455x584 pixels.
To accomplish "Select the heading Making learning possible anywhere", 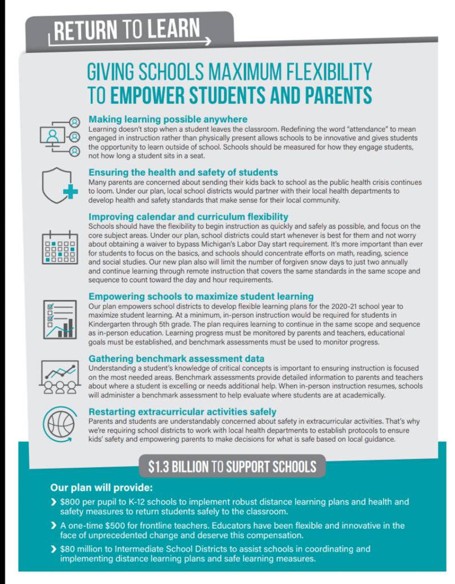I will point(168,120).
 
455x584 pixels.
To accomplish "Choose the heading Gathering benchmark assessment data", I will point(176,359).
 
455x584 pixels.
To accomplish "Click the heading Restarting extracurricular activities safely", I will point(182,411).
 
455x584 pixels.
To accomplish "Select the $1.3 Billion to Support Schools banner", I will point(232,467).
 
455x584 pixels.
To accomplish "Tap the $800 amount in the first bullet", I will point(69,502).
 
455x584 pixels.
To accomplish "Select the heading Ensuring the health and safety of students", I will point(183,172).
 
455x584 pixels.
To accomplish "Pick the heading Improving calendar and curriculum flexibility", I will point(188,217).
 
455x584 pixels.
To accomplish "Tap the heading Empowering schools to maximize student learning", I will point(201,297).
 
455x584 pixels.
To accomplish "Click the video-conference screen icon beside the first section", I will point(59,136).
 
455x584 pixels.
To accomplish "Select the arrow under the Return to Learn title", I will point(131,42).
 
